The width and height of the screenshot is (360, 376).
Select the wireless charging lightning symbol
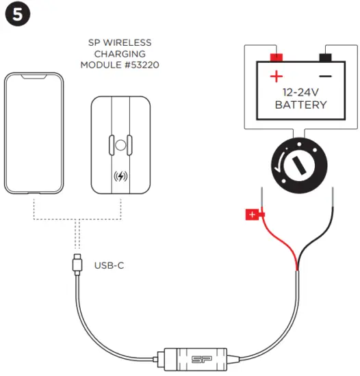120,176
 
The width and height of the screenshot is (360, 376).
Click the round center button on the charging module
120,144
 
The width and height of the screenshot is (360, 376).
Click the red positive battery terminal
277,57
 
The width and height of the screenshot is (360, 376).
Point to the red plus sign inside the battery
277,76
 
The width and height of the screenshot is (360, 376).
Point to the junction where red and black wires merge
297,271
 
